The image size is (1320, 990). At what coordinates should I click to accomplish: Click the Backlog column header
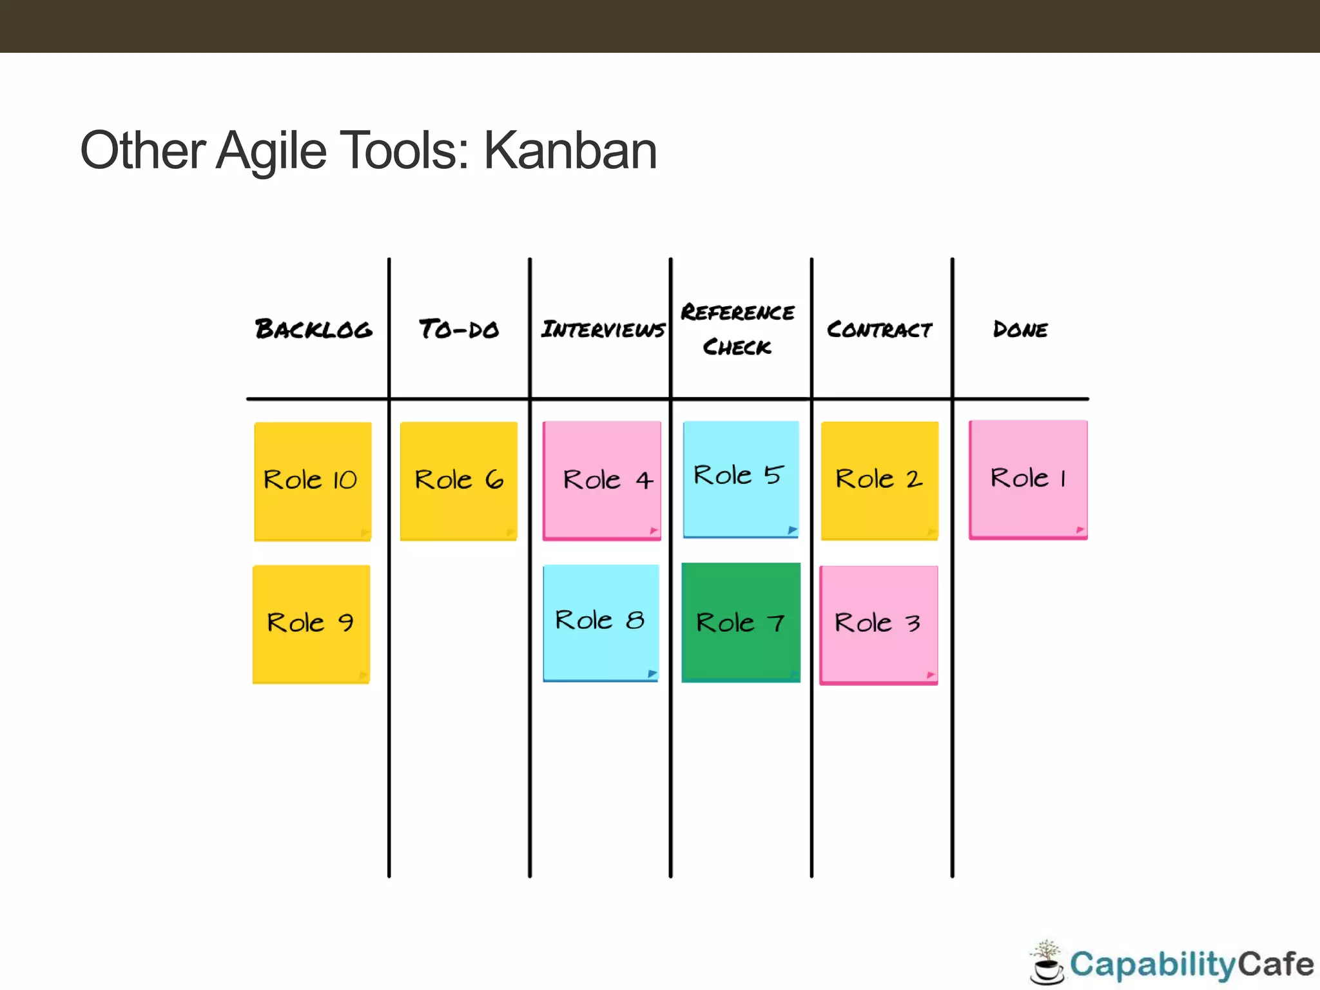(313, 329)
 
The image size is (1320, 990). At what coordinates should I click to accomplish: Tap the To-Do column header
(459, 329)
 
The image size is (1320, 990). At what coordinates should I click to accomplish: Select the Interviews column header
(603, 329)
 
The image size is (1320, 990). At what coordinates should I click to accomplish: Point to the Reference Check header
(737, 329)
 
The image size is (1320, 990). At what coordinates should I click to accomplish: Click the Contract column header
(880, 329)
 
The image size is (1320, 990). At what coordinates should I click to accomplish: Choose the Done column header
(1020, 329)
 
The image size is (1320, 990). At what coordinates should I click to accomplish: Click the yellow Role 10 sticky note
(313, 481)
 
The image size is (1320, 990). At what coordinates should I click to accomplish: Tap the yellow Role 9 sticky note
(311, 624)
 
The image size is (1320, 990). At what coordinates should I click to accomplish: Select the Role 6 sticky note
(459, 481)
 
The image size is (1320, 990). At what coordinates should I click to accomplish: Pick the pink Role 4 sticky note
(602, 480)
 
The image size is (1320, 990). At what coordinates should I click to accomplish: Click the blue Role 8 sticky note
(601, 623)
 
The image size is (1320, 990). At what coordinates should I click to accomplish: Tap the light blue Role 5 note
(741, 478)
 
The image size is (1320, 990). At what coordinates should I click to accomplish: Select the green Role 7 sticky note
(741, 623)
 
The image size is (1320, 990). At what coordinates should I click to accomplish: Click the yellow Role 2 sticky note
(880, 480)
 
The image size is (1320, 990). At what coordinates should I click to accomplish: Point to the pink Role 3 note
(878, 625)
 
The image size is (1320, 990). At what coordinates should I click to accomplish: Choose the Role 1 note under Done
(1028, 480)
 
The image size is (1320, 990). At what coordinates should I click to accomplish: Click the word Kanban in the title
(570, 151)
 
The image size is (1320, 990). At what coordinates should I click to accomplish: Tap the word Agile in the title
(271, 151)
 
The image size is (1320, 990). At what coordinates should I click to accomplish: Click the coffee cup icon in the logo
(1047, 964)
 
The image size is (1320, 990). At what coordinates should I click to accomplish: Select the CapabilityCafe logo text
(1191, 965)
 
